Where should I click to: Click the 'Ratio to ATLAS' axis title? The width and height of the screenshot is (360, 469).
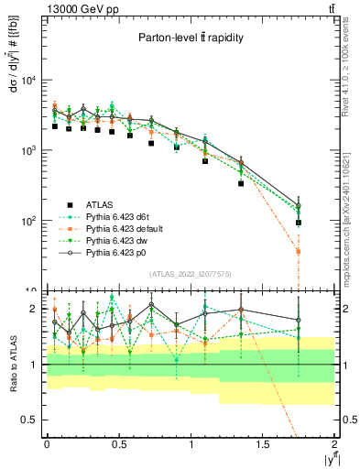coord(11,365)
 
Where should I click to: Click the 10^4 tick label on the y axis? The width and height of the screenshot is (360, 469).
coord(27,80)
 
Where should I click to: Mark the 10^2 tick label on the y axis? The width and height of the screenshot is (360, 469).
coord(27,221)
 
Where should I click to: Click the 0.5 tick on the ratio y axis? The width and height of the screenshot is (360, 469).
coord(29,420)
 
